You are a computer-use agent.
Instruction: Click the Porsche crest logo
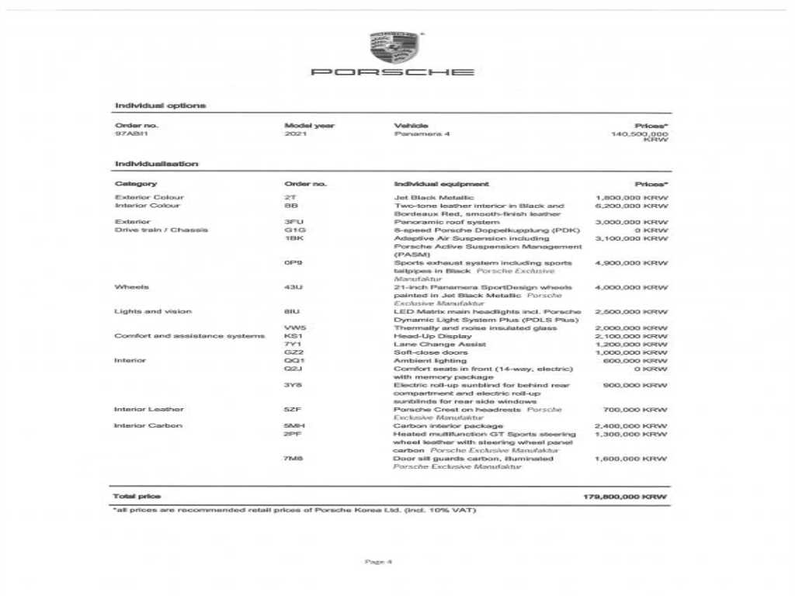click(394, 48)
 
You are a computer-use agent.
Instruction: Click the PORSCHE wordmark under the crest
click(392, 72)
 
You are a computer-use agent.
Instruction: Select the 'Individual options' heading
click(160, 105)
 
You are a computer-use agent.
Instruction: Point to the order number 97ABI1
click(131, 133)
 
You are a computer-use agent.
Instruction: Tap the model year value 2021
click(296, 133)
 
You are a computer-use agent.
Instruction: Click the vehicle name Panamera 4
click(422, 133)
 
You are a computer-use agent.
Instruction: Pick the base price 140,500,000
click(639, 133)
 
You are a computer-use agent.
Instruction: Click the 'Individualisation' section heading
click(156, 164)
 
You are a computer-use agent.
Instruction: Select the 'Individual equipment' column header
click(441, 184)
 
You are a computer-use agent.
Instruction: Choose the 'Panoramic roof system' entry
click(446, 222)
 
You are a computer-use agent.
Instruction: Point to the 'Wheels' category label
click(131, 287)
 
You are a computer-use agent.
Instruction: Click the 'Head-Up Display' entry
click(432, 336)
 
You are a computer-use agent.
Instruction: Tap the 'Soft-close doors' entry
click(430, 352)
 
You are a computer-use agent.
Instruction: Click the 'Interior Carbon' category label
click(148, 426)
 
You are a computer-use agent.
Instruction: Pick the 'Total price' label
click(137, 496)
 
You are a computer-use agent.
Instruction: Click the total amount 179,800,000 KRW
click(624, 496)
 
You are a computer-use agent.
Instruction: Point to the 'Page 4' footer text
click(378, 561)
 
